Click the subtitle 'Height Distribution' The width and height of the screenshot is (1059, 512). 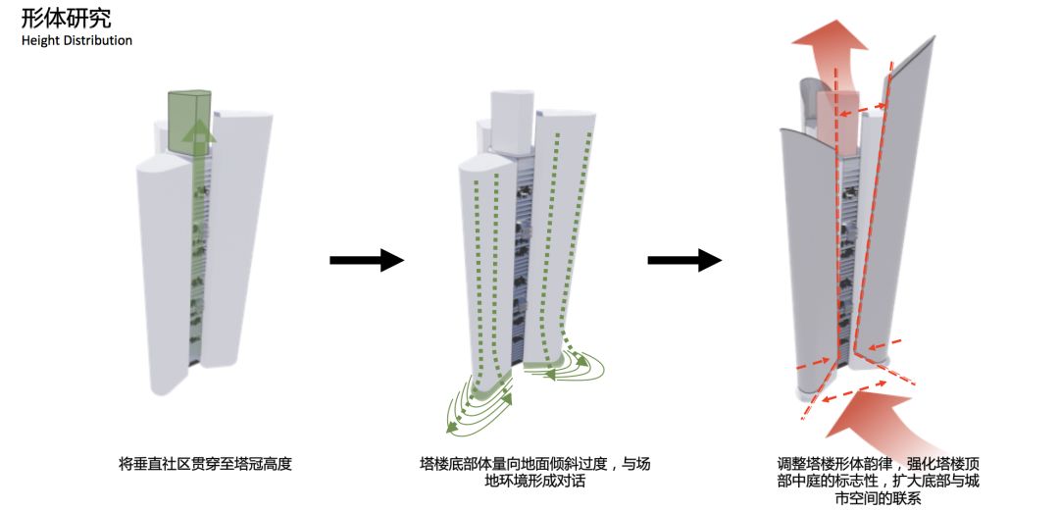tap(76, 40)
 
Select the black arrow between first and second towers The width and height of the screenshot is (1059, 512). tap(366, 260)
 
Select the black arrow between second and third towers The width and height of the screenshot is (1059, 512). tap(684, 260)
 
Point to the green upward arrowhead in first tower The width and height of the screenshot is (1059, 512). tap(199, 130)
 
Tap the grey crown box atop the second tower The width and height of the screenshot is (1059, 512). tap(512, 120)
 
